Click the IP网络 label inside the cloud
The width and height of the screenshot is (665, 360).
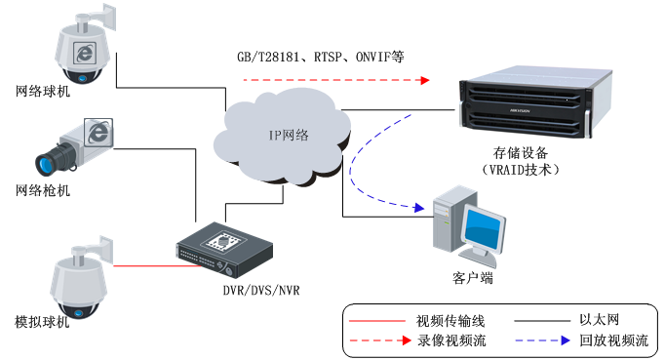[290, 136]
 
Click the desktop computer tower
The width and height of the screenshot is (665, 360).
[446, 221]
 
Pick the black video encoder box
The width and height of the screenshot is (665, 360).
[224, 246]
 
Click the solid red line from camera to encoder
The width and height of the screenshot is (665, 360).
[146, 265]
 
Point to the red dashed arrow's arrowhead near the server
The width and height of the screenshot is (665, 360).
[425, 80]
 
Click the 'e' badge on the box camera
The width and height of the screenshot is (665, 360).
[98, 132]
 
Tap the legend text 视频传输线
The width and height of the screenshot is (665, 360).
[450, 320]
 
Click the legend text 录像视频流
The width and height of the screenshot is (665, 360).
[450, 340]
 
